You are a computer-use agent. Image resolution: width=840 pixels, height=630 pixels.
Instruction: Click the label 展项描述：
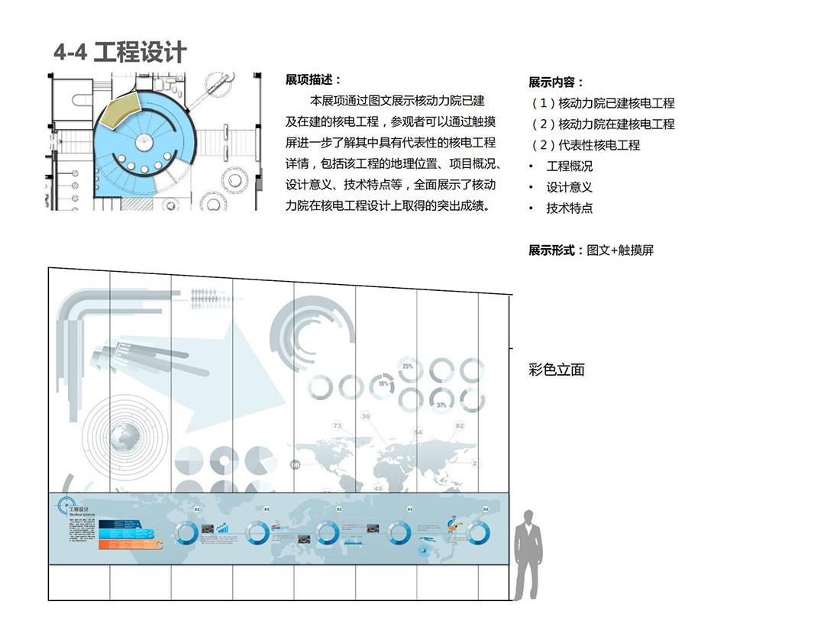coord(313,79)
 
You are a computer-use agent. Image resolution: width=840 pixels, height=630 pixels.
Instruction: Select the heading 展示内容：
coord(556,82)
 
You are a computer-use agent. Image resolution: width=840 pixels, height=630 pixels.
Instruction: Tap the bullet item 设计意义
coord(569,186)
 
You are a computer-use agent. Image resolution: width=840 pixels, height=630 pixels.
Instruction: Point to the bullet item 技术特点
coord(569,208)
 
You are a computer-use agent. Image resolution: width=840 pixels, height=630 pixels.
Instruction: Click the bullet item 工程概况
coord(569,166)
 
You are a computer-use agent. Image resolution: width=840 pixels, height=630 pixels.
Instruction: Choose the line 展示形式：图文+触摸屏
coord(591,250)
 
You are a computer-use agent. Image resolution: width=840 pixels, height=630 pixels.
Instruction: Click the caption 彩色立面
coord(556,370)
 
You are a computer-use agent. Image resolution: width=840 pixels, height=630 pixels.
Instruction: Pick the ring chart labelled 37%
coord(441,400)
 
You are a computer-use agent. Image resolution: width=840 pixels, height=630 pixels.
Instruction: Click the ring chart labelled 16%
coord(384,385)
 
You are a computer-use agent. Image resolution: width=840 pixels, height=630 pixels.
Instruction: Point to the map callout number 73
coord(337,425)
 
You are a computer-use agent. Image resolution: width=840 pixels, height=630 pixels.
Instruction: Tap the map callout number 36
coord(366,416)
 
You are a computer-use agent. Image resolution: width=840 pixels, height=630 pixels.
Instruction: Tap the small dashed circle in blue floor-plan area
coord(145,141)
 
